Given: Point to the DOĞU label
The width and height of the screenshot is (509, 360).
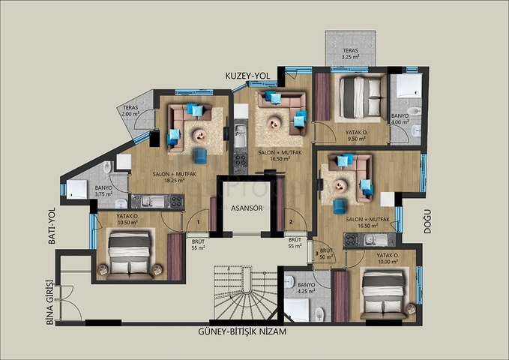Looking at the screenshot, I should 428,221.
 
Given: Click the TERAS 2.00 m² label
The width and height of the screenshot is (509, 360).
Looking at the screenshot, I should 130,112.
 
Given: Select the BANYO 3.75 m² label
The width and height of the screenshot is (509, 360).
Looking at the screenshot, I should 103,190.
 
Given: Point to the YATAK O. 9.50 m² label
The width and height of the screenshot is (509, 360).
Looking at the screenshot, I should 356,135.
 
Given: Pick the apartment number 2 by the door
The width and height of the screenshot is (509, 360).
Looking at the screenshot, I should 290,222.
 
